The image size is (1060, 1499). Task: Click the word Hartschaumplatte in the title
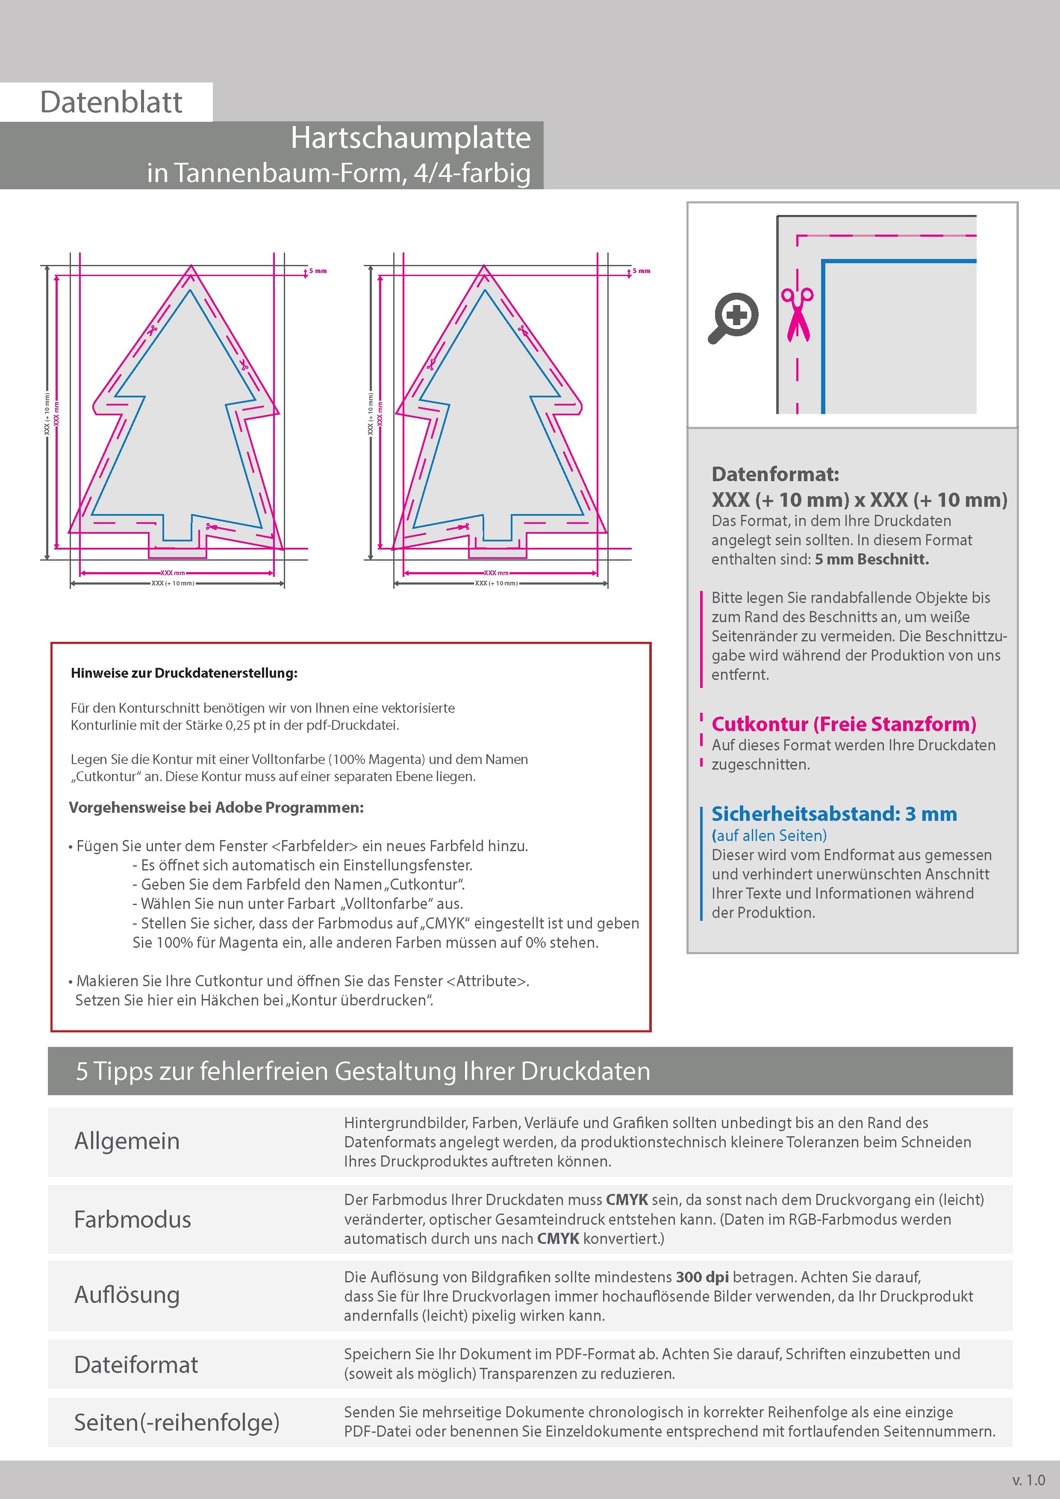(x=410, y=138)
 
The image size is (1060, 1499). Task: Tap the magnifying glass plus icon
(x=733, y=317)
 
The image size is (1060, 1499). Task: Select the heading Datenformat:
(x=775, y=474)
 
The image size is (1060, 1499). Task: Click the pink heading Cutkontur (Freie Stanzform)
(x=844, y=724)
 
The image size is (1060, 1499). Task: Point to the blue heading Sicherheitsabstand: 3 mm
(x=834, y=814)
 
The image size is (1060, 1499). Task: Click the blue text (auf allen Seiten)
(x=768, y=836)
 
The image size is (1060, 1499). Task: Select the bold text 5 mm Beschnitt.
(x=871, y=559)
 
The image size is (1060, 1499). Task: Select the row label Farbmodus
(x=132, y=1220)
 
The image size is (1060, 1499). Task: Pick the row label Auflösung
(x=127, y=1295)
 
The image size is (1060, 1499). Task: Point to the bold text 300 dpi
(x=702, y=1277)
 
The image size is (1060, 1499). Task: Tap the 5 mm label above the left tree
(x=318, y=271)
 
